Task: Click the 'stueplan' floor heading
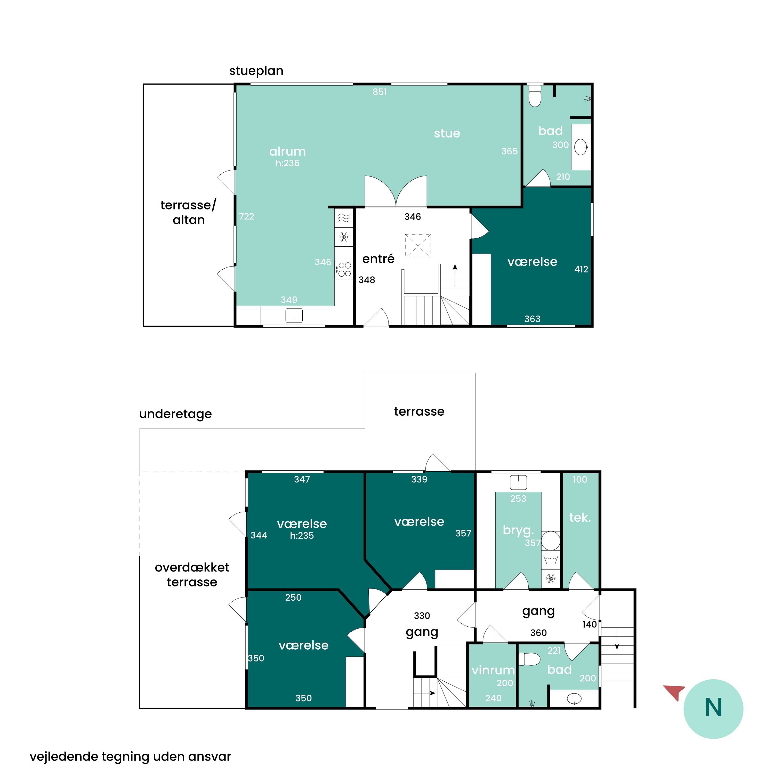[x=256, y=71]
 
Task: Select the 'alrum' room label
[x=287, y=151]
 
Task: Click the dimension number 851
[x=380, y=92]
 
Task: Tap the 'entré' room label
[x=378, y=259]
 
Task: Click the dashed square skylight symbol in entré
[x=418, y=246]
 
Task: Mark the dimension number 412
[x=581, y=269]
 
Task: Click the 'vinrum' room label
[x=493, y=670]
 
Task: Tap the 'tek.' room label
[x=580, y=518]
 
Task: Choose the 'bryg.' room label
[x=518, y=530]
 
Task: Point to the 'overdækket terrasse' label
[x=192, y=575]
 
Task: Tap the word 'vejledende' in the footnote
[x=64, y=756]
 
